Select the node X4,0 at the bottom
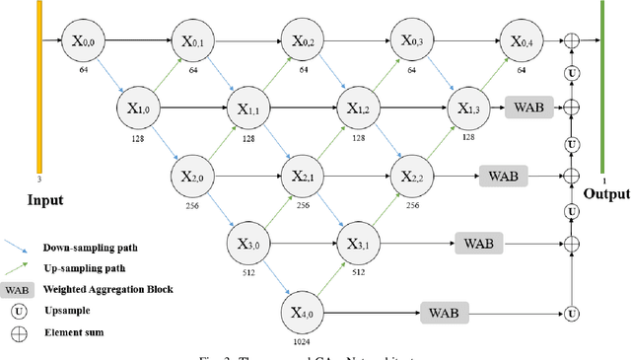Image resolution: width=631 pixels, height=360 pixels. (x=302, y=313)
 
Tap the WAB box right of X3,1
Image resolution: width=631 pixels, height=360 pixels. (x=479, y=242)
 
